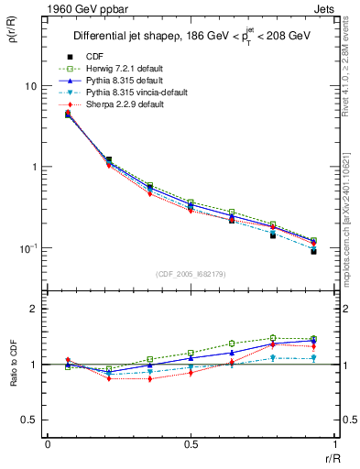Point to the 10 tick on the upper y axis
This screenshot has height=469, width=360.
(30, 86)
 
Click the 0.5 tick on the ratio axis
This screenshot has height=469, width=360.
(29, 420)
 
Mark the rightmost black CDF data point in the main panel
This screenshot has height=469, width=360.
(313, 251)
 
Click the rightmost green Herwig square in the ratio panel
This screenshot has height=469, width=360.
(313, 338)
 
